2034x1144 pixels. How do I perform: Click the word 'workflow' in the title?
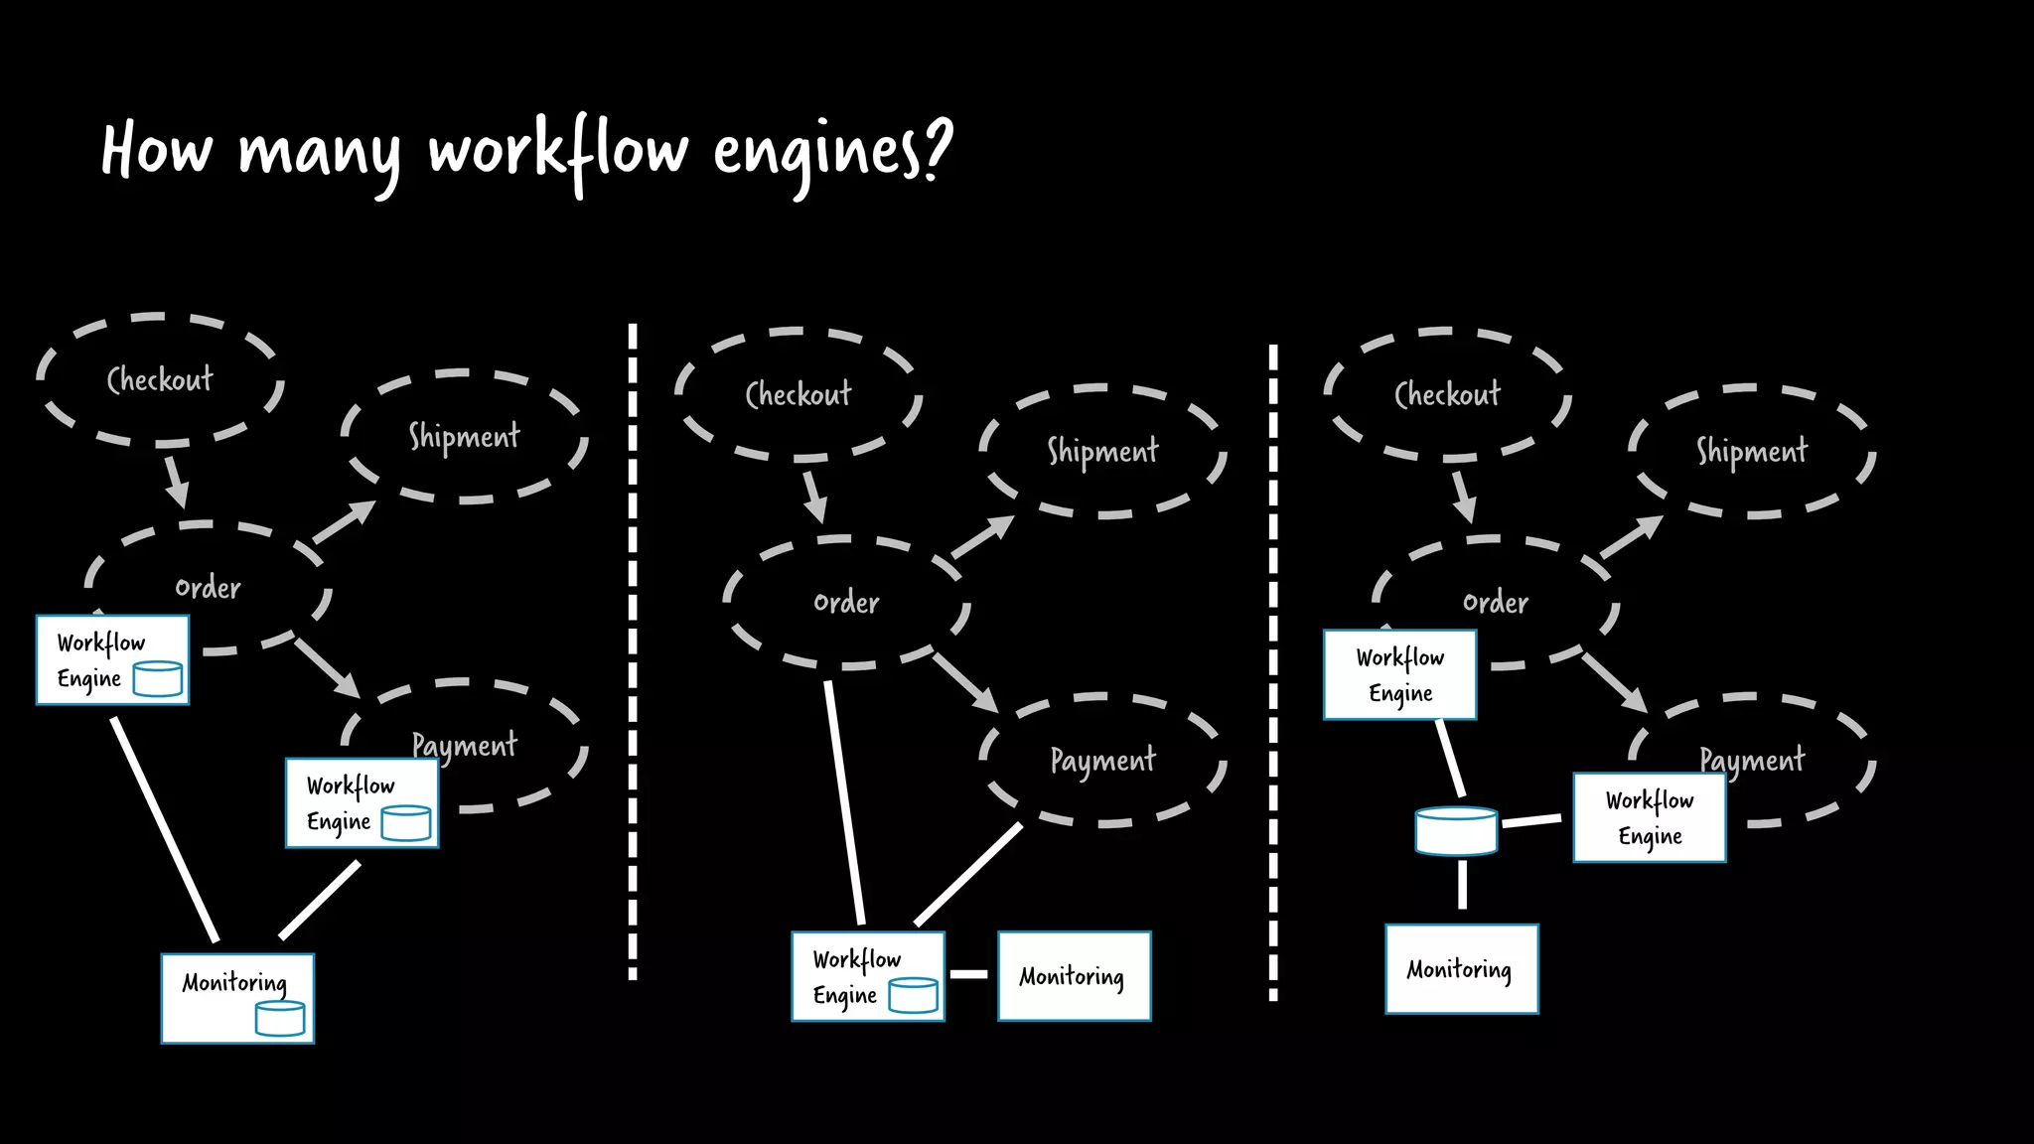[558, 151]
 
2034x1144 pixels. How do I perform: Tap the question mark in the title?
[937, 149]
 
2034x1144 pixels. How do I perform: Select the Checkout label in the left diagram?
[160, 379]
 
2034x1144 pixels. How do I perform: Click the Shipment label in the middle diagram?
[1102, 452]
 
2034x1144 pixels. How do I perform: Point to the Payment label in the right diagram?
[1751, 761]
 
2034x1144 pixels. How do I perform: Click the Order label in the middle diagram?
[846, 603]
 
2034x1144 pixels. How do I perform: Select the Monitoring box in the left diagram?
[237, 998]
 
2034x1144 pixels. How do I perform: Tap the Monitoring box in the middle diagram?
[1074, 976]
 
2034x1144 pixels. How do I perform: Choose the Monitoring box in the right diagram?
[1461, 969]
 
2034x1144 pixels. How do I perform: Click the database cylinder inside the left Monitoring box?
[280, 1019]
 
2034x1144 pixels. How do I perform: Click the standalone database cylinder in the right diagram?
[1456, 831]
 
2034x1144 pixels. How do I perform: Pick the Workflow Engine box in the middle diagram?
[867, 976]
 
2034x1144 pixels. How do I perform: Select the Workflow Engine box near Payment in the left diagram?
[362, 803]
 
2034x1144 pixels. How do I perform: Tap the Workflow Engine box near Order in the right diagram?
[1399, 675]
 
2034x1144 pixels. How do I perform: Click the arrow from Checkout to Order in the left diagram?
[176, 481]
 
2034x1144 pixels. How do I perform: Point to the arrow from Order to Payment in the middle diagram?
[965, 682]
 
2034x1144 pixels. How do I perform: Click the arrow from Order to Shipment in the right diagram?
[1631, 537]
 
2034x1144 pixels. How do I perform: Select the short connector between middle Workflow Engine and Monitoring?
[969, 974]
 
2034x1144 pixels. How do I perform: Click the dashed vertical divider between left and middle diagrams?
[633, 650]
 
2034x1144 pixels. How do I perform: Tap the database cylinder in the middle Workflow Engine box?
[913, 995]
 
